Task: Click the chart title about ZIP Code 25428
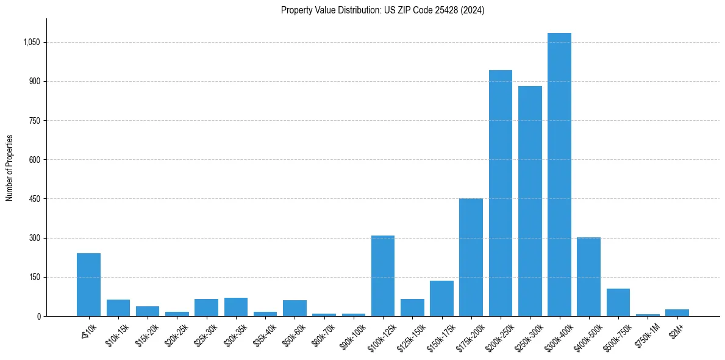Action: tap(382, 10)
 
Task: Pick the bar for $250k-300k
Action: tap(530, 201)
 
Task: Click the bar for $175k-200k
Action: tap(471, 257)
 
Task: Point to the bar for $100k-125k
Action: tap(383, 276)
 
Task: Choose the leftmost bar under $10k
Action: tap(88, 284)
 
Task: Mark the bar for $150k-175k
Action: tap(441, 298)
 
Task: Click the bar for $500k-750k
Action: tap(618, 302)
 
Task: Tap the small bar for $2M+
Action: tap(677, 312)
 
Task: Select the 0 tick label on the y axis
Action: tap(38, 316)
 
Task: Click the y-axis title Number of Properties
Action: tap(10, 168)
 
